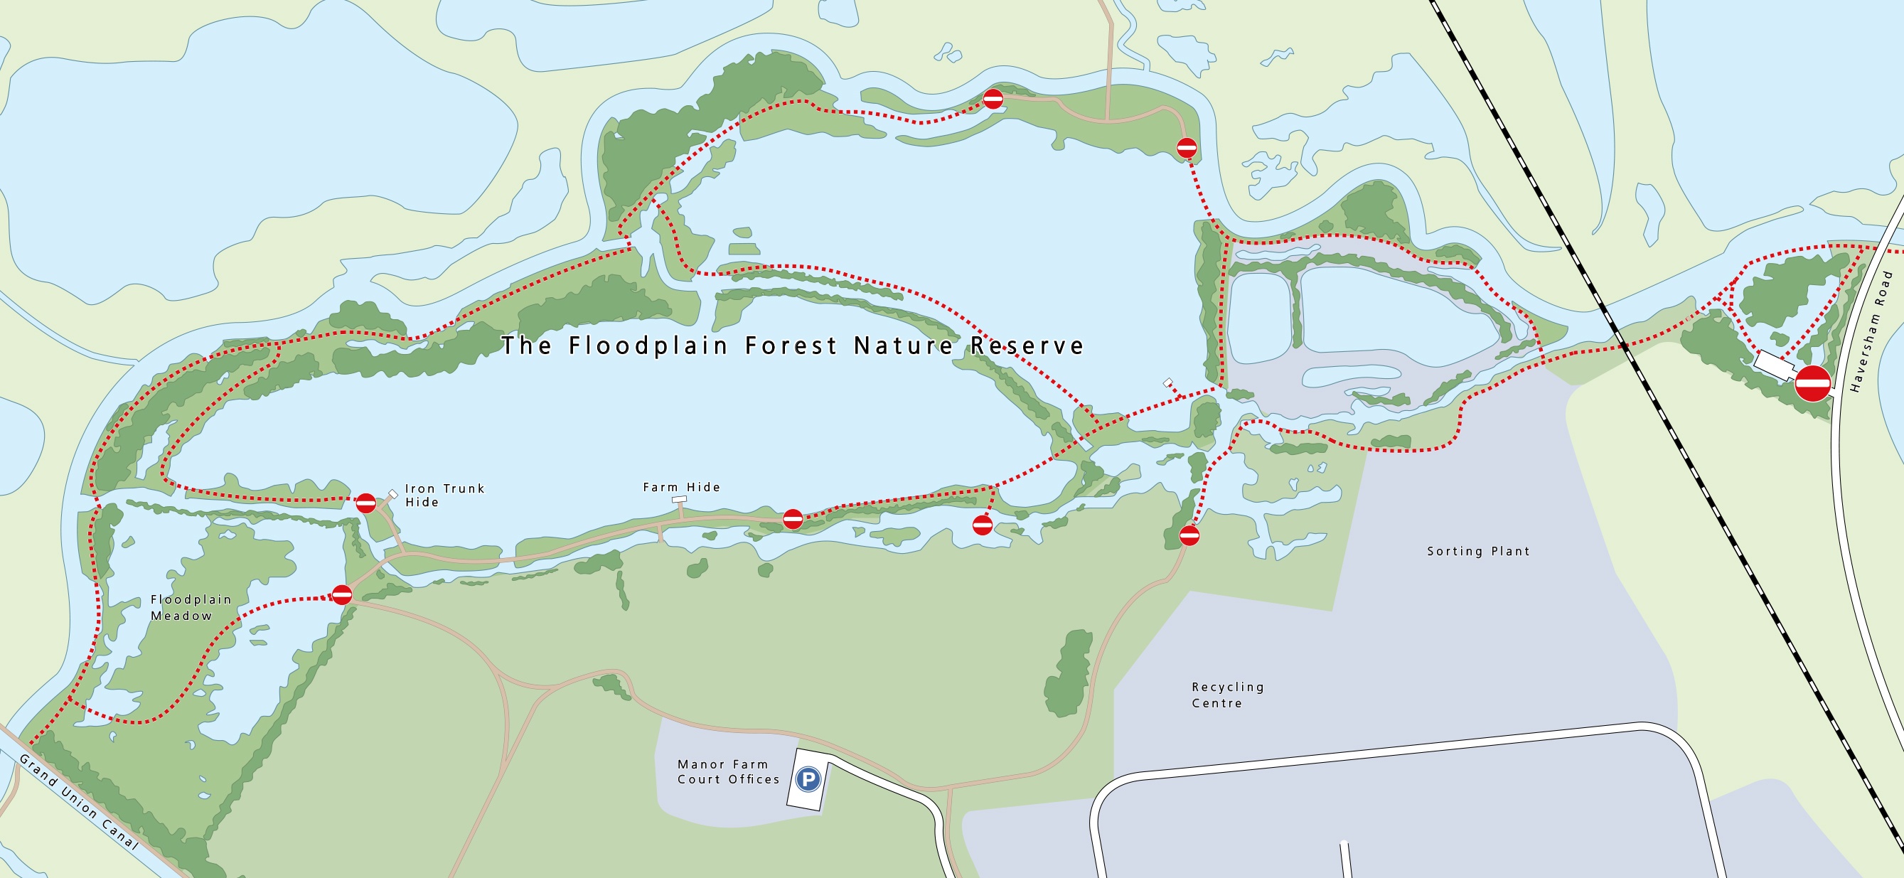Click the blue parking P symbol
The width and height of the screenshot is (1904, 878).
[808, 779]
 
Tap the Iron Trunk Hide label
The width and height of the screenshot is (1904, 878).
[444, 496]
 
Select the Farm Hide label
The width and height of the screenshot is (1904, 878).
[680, 487]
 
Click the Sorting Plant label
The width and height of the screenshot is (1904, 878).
[1477, 552]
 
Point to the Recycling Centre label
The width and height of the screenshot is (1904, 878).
[1228, 695]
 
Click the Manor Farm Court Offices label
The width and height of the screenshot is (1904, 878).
[728, 771]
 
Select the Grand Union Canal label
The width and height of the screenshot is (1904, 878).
[78, 802]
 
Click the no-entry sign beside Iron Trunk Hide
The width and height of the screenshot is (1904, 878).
[366, 504]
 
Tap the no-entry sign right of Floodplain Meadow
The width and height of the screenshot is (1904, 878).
[341, 594]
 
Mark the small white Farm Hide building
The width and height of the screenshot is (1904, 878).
[678, 500]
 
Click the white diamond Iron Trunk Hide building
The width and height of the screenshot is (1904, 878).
[393, 493]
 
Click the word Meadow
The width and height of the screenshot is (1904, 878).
[181, 616]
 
